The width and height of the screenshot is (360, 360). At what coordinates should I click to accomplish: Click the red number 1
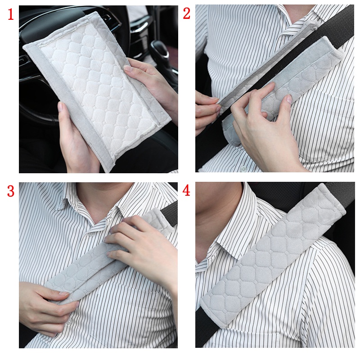click(11, 15)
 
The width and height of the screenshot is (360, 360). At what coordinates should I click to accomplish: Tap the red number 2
click(187, 14)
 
